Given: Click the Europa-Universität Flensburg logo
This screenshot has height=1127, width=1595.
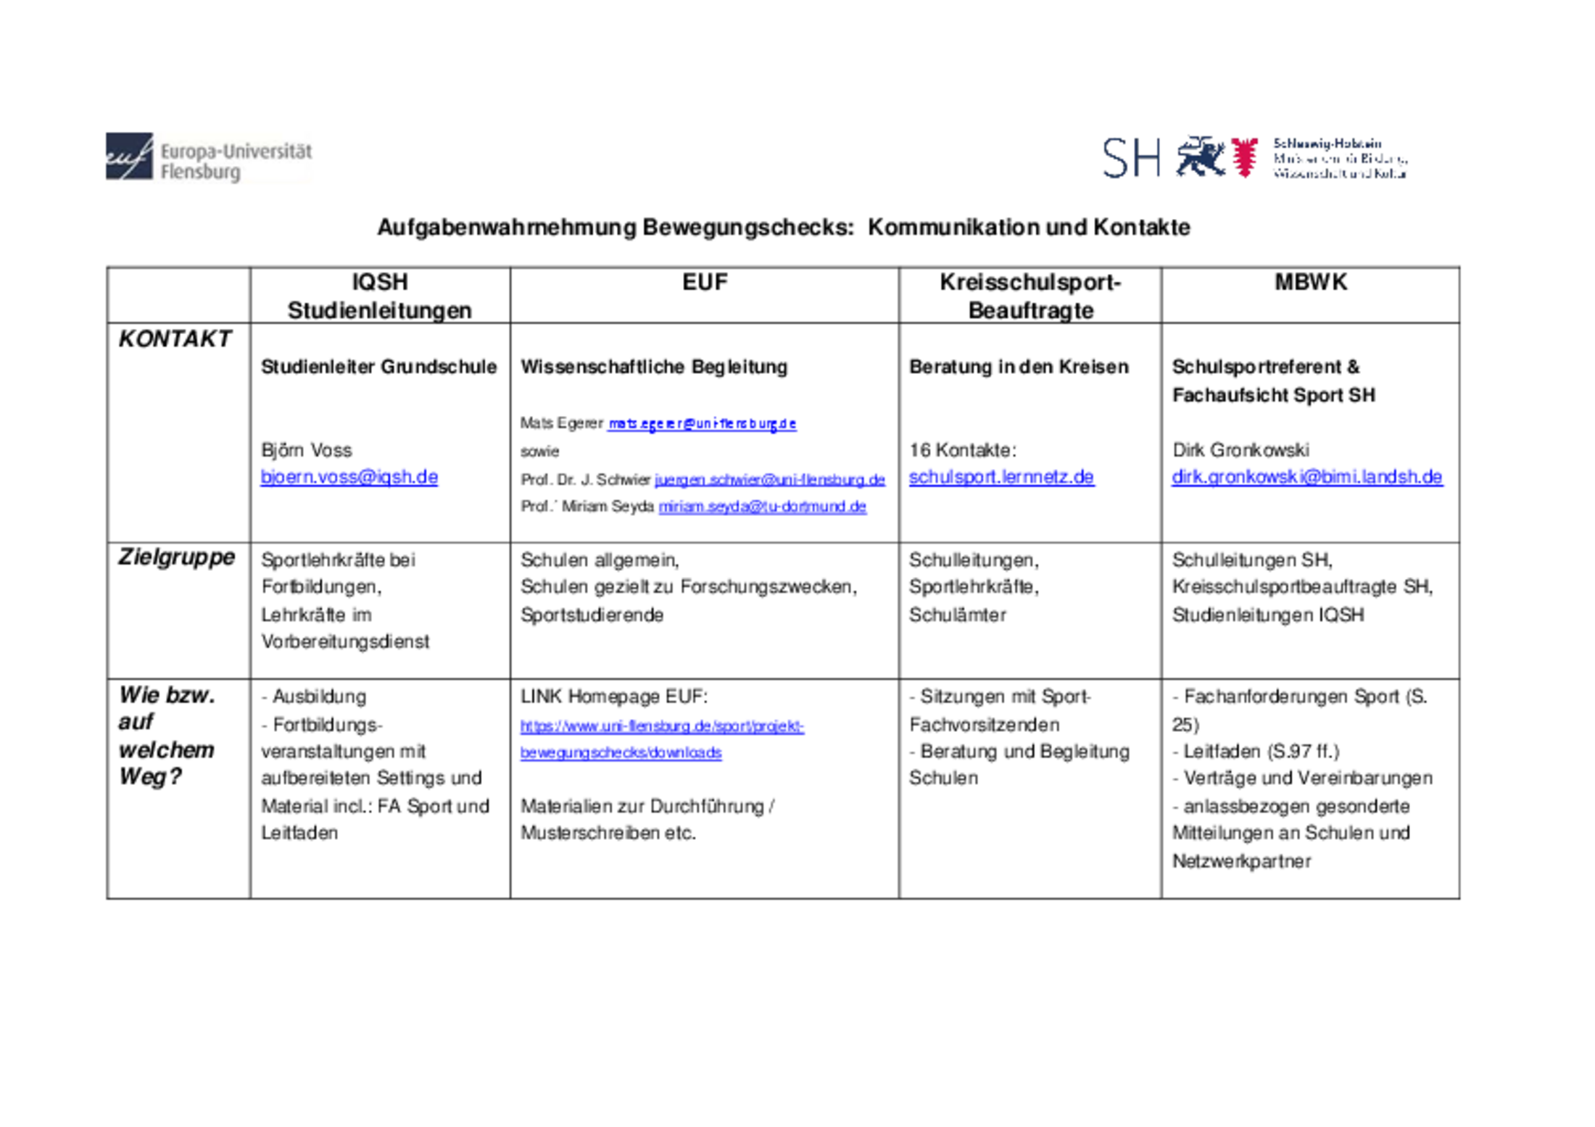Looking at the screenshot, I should point(208,157).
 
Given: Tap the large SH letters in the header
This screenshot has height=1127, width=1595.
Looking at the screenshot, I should point(1130,159).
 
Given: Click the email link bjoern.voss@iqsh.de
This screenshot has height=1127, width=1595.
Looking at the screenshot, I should point(349,477).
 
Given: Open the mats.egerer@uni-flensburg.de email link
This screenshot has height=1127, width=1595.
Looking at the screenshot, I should point(702,423).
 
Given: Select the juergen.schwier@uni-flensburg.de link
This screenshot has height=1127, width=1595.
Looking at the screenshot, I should point(769,480).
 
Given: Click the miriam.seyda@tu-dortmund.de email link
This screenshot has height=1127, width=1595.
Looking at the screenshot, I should point(762,507).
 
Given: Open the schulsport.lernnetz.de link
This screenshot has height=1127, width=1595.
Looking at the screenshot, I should point(1000,477).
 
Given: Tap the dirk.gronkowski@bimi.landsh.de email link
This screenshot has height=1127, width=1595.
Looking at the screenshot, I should point(1306,477).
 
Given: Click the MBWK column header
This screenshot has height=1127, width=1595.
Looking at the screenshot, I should point(1310,282).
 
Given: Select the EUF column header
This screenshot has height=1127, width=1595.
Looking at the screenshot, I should point(704,282).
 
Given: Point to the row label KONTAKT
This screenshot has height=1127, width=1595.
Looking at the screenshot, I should point(175,338).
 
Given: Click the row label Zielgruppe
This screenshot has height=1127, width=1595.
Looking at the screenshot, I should point(176,557).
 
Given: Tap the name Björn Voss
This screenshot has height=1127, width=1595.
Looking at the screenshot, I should point(306,450).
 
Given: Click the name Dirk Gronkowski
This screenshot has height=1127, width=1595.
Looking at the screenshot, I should point(1240,450).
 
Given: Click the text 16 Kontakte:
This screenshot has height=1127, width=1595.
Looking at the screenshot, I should point(962,450).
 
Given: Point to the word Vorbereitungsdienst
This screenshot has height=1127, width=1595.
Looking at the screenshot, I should point(345,641).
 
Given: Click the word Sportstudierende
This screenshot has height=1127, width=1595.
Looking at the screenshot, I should point(592,615).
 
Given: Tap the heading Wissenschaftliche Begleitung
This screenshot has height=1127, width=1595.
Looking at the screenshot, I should point(653,367).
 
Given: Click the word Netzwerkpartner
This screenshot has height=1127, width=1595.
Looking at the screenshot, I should point(1241,861).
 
